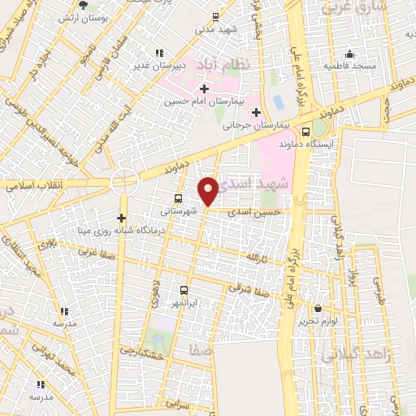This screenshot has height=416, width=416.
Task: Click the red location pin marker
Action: (x=209, y=190)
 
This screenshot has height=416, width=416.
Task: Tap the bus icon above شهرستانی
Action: (x=178, y=198)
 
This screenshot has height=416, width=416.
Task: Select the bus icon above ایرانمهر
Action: (x=184, y=290)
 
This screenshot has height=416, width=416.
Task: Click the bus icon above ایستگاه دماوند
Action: (x=305, y=132)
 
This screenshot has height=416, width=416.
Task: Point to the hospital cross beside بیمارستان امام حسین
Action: (x=203, y=88)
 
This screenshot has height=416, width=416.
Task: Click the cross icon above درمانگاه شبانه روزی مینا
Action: (x=121, y=218)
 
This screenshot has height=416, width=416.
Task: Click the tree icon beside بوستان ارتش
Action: (x=63, y=17)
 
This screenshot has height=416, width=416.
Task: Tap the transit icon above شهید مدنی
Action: (x=215, y=16)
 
